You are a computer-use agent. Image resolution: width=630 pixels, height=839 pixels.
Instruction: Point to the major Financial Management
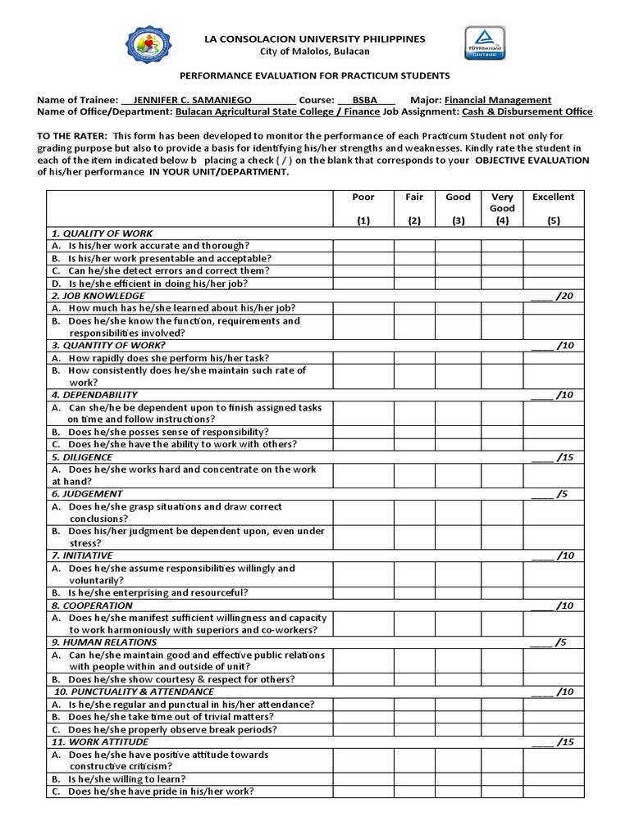pos(498,100)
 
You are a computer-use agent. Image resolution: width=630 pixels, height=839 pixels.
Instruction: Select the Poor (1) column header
pos(363,208)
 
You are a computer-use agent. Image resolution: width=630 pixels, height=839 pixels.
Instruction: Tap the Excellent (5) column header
pos(554,208)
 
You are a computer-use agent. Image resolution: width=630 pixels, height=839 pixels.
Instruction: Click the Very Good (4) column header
pos(502,208)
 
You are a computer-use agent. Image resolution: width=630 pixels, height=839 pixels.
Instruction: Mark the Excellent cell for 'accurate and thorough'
pos(554,245)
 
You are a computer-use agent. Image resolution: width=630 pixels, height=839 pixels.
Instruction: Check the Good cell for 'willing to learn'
pos(458,778)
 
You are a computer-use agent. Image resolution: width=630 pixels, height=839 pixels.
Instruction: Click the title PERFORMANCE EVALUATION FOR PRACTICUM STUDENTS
pos(314,75)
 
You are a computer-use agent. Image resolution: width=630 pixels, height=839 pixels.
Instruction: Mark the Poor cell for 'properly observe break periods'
pos(363,729)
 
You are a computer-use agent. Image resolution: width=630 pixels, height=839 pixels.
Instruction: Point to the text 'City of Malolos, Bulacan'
pos(314,52)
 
